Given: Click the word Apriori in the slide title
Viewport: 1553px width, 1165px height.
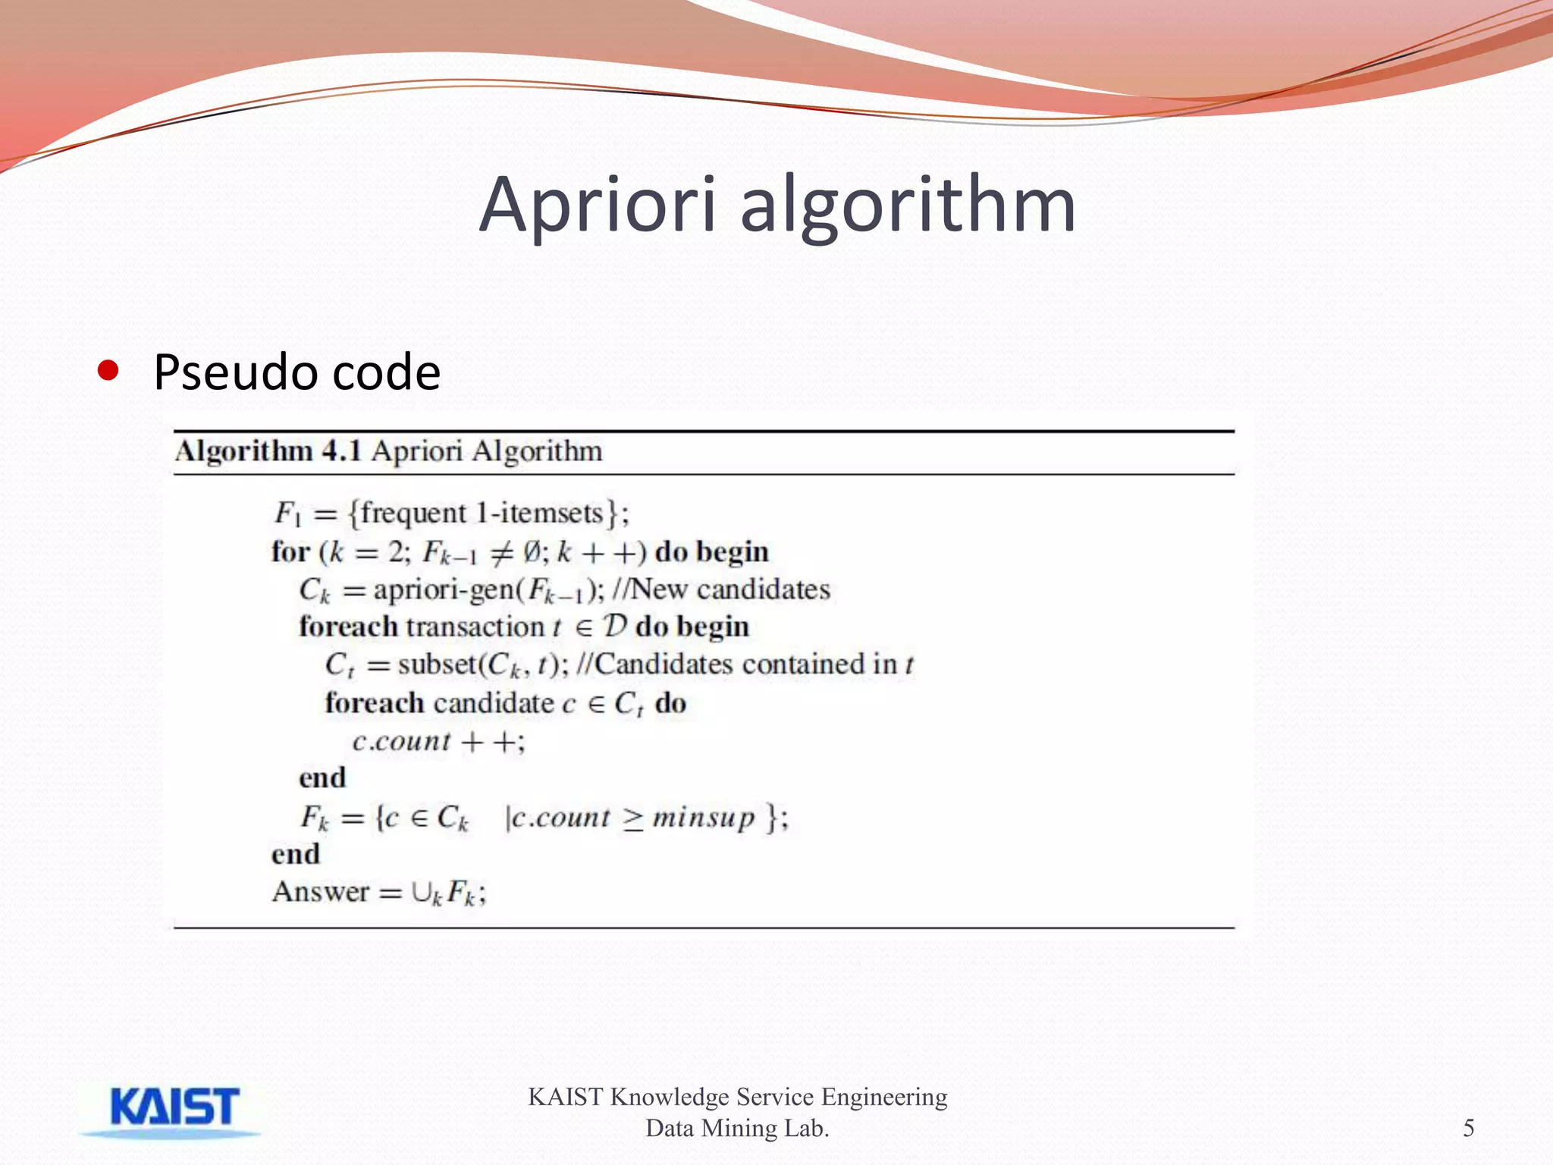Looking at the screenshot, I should pyautogui.click(x=598, y=205).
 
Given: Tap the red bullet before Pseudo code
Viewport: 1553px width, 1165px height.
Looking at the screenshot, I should pyautogui.click(x=108, y=371).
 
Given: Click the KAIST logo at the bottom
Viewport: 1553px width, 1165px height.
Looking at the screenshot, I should pyautogui.click(x=174, y=1109).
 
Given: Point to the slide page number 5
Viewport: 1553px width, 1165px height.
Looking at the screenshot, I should pyautogui.click(x=1468, y=1128).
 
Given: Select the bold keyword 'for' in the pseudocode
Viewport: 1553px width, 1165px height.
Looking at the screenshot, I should pyautogui.click(x=290, y=551).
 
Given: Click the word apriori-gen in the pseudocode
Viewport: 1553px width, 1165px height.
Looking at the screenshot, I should pyautogui.click(x=443, y=590).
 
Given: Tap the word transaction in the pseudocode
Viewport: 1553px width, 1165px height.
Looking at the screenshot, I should pyautogui.click(x=475, y=627).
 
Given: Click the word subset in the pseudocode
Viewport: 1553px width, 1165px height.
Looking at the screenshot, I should pyautogui.click(x=438, y=664).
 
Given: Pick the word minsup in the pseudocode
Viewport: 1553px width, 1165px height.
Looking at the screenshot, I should pyautogui.click(x=703, y=818).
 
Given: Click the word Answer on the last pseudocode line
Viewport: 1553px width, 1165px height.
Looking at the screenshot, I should pyautogui.click(x=321, y=892).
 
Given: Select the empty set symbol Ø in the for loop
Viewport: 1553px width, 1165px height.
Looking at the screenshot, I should pyautogui.click(x=532, y=551).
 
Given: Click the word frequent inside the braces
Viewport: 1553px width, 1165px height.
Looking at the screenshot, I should pyautogui.click(x=413, y=513).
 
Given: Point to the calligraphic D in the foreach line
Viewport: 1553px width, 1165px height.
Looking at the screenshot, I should pyautogui.click(x=615, y=626).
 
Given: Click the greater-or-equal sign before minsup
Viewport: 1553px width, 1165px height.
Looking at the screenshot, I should pyautogui.click(x=633, y=818).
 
